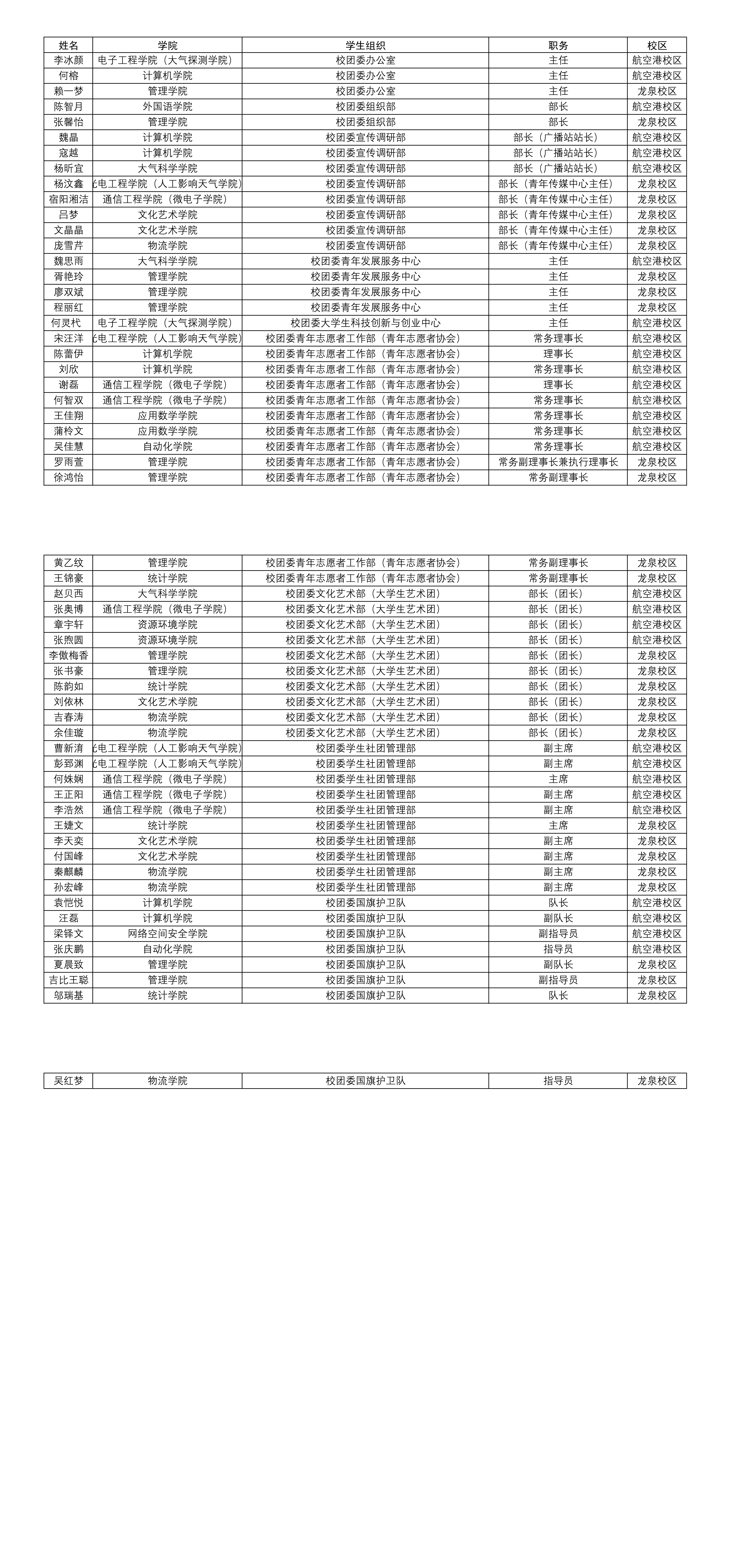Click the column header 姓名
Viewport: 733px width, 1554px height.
tap(68, 45)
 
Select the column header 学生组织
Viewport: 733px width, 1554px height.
tap(365, 45)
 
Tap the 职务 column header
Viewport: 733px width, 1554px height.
tap(558, 45)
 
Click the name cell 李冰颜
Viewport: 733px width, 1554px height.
tap(68, 60)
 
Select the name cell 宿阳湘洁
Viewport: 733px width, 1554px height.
tap(68, 199)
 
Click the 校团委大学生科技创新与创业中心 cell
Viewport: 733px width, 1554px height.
tap(365, 323)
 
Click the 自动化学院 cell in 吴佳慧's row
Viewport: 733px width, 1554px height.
tap(167, 446)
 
